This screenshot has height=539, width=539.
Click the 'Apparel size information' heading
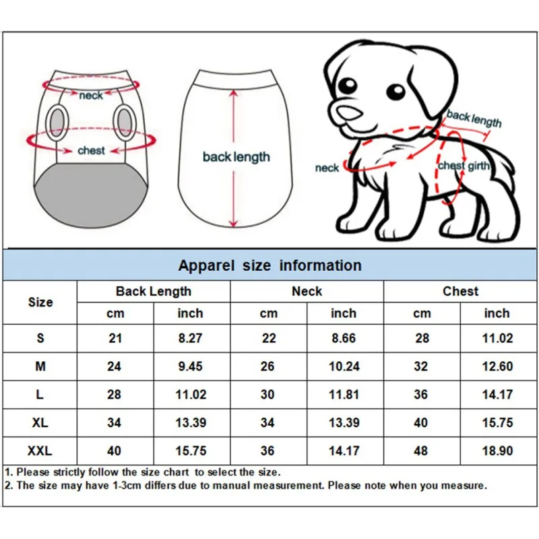[269, 265]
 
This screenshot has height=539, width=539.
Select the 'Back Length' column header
[153, 292]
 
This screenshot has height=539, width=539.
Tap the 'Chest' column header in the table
[460, 292]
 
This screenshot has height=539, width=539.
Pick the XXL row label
[40, 451]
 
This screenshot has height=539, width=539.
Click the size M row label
[40, 367]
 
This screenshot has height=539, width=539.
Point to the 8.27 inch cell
[191, 338]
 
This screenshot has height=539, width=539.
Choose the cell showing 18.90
[497, 451]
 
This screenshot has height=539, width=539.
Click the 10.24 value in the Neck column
[344, 367]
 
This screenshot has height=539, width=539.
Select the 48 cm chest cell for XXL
[422, 451]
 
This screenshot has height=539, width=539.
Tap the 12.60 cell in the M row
[497, 367]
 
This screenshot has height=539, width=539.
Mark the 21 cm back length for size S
[115, 338]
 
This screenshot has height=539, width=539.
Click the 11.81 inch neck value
[344, 394]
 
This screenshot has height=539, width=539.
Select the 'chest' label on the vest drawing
[91, 150]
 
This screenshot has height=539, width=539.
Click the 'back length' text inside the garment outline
[236, 157]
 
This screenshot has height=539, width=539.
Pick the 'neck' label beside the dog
[327, 167]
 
